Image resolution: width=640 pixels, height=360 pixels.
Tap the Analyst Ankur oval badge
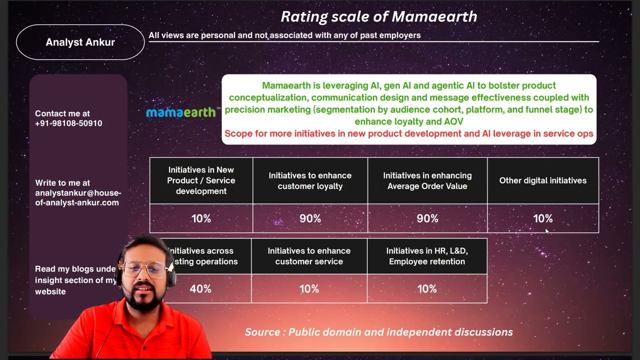click(80, 42)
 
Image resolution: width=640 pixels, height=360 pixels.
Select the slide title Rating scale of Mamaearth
click(378, 16)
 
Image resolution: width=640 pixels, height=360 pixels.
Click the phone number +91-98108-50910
click(68, 123)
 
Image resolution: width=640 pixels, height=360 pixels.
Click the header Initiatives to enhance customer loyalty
click(310, 180)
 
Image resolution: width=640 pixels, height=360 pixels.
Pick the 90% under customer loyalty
click(310, 218)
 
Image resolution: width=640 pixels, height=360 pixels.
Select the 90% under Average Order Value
click(427, 218)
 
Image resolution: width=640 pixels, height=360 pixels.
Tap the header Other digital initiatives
click(542, 180)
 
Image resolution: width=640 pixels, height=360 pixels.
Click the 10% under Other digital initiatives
click(542, 218)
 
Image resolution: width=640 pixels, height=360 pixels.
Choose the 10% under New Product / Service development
click(201, 218)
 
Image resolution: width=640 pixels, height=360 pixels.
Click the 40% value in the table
click(200, 289)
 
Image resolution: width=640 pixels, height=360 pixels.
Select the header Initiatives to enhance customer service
click(309, 256)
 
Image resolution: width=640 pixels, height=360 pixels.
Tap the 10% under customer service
click(309, 289)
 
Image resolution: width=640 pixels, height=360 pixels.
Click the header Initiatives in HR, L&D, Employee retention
click(427, 256)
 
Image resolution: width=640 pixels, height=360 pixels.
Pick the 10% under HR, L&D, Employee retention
click(427, 289)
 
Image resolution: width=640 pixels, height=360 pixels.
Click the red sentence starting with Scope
click(408, 133)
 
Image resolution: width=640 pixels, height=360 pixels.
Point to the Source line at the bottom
click(378, 332)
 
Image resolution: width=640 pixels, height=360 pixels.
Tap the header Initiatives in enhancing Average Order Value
click(427, 180)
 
